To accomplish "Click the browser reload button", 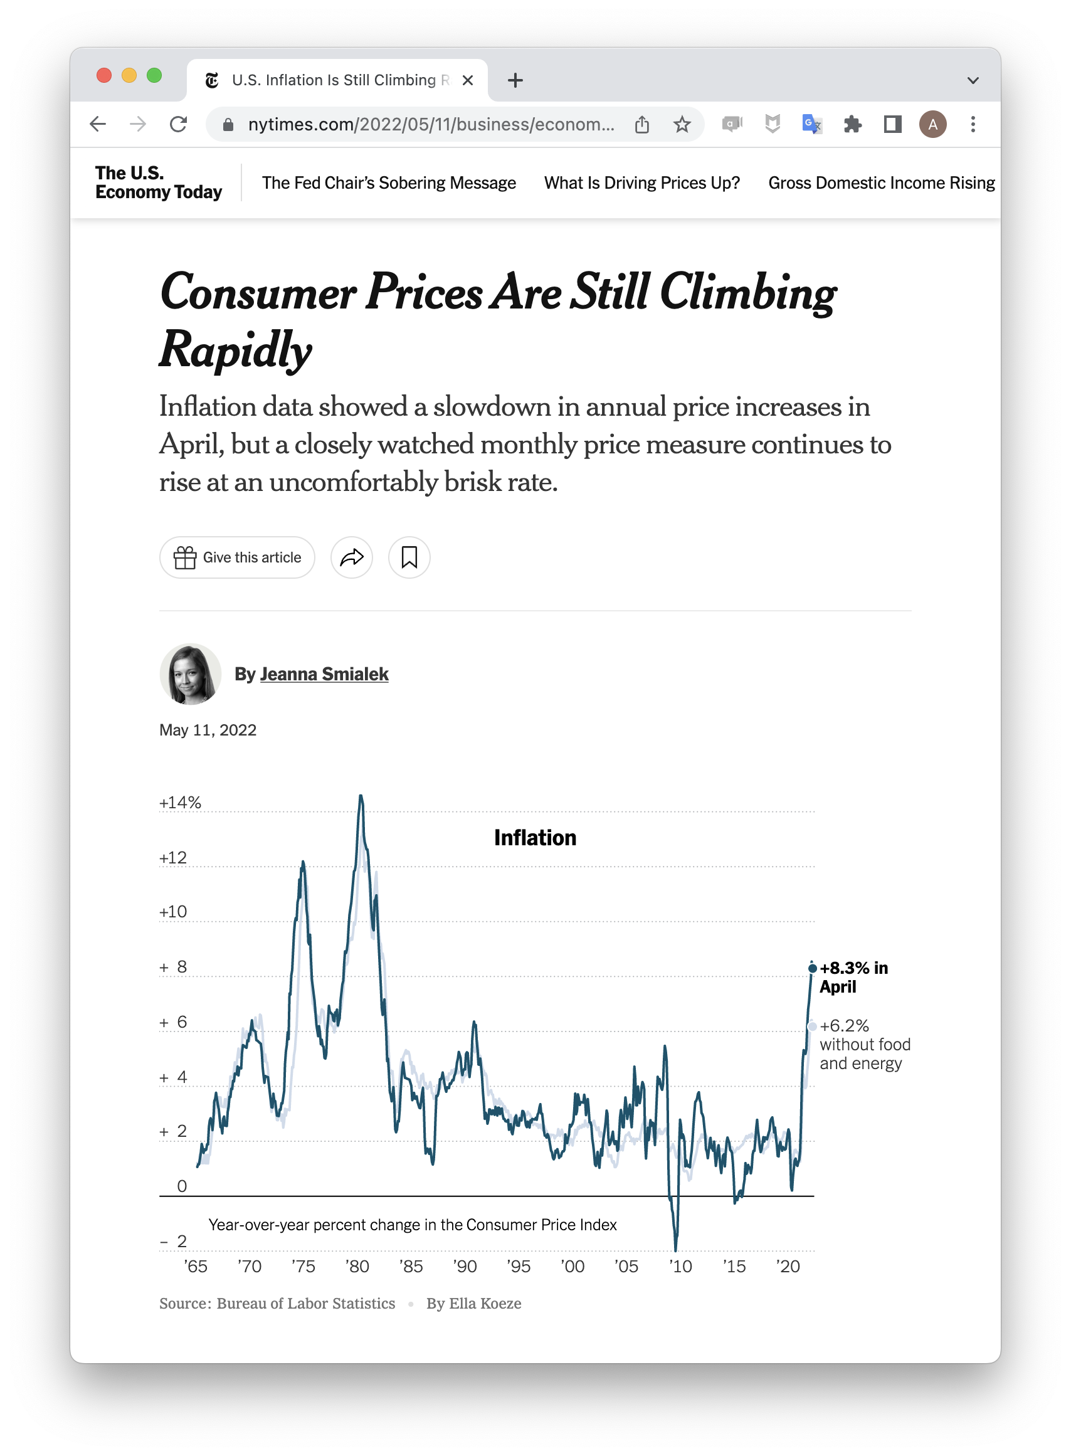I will pyautogui.click(x=178, y=124).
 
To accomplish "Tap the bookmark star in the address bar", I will pyautogui.click(x=682, y=124).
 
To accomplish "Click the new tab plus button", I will pyautogui.click(x=515, y=80).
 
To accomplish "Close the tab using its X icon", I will pyautogui.click(x=467, y=80).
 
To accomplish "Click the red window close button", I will pyautogui.click(x=103, y=75).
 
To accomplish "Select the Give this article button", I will pyautogui.click(x=237, y=557).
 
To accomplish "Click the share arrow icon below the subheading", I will pyautogui.click(x=351, y=557).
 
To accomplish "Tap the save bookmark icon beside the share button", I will pyautogui.click(x=409, y=557).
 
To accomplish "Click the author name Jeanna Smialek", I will pyautogui.click(x=324, y=674).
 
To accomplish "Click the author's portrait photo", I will pyautogui.click(x=191, y=674).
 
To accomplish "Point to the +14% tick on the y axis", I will pyautogui.click(x=180, y=803).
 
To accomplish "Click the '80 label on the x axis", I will pyautogui.click(x=357, y=1266).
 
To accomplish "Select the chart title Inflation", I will pyautogui.click(x=535, y=838).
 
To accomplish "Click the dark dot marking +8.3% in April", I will pyautogui.click(x=812, y=968).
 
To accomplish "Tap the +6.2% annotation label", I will pyautogui.click(x=844, y=1026).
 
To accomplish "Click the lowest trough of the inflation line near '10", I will pyautogui.click(x=675, y=1248).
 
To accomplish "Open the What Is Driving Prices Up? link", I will pyautogui.click(x=642, y=183).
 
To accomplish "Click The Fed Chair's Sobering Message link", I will pyautogui.click(x=389, y=183).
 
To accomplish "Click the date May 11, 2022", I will pyautogui.click(x=208, y=730).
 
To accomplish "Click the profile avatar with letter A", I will pyautogui.click(x=932, y=124).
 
